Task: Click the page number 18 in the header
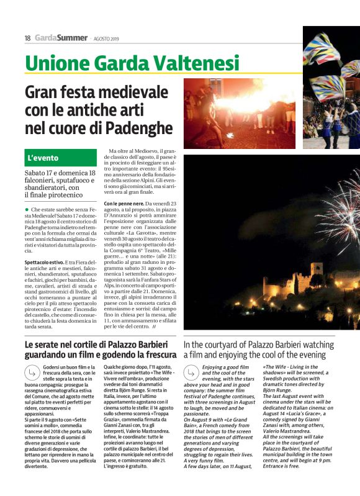coord(28,38)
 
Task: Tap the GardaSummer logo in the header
coord(61,38)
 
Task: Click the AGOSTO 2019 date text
coord(107,38)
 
